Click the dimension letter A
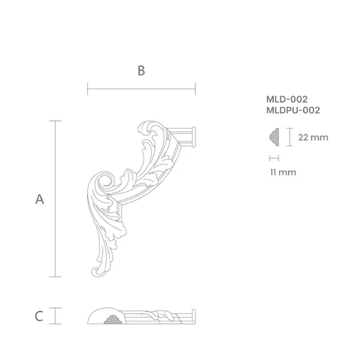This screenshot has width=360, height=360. point(39,199)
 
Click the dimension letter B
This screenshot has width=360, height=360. point(141,70)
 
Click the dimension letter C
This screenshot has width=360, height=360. point(39,316)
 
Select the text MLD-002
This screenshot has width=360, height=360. point(287,99)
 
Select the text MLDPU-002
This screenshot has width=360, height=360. point(293,110)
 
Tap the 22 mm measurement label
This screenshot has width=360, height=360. point(313,137)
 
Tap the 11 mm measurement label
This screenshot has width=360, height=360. point(283,172)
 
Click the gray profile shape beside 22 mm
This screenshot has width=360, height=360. point(275,137)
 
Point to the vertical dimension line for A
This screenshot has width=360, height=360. point(56,199)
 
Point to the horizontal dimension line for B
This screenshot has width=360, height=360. point(141,89)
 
